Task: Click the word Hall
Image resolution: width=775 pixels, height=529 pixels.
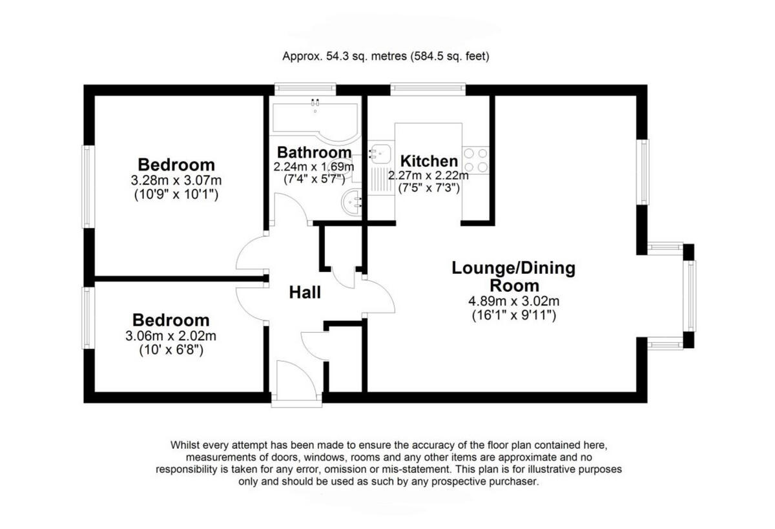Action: click(305, 293)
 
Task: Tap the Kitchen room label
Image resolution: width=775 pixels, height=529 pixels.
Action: click(429, 161)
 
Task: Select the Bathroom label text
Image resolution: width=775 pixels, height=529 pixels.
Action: click(314, 152)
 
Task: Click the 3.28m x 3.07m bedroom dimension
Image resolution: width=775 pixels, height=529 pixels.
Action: click(176, 180)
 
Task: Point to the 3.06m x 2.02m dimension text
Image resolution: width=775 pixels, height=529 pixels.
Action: click(171, 336)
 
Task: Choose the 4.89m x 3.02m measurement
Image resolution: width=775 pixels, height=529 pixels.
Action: click(513, 301)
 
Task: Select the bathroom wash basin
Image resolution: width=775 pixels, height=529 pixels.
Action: click(351, 203)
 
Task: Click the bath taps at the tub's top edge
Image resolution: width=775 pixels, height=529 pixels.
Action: click(315, 101)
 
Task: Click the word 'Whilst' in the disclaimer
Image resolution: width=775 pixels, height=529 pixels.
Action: click(186, 445)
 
